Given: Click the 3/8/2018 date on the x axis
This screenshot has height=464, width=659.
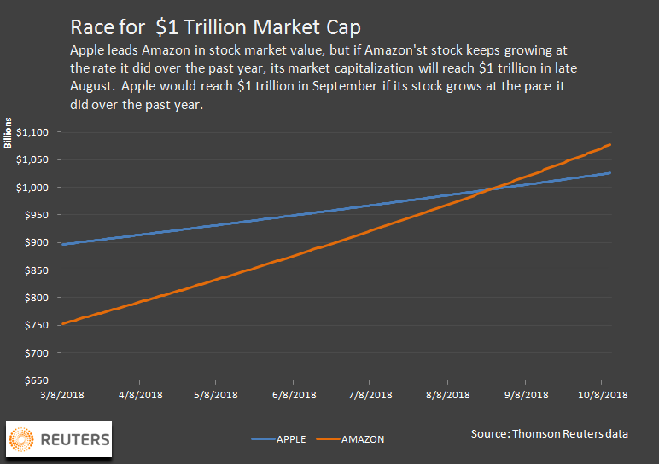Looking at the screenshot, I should tap(62, 395).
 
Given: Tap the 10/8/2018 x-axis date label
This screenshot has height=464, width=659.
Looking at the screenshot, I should tap(600, 395).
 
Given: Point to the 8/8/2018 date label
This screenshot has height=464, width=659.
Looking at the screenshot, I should tap(448, 395).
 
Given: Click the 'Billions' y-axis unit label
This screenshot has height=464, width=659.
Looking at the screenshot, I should tap(9, 132).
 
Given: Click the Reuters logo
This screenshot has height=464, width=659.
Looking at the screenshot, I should tap(59, 439).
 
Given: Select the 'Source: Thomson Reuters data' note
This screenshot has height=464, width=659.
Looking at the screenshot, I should tap(549, 434).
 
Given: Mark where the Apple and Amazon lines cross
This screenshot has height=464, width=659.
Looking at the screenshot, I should tap(487, 188).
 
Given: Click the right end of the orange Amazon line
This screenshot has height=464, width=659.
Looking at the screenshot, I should tap(610, 145).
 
